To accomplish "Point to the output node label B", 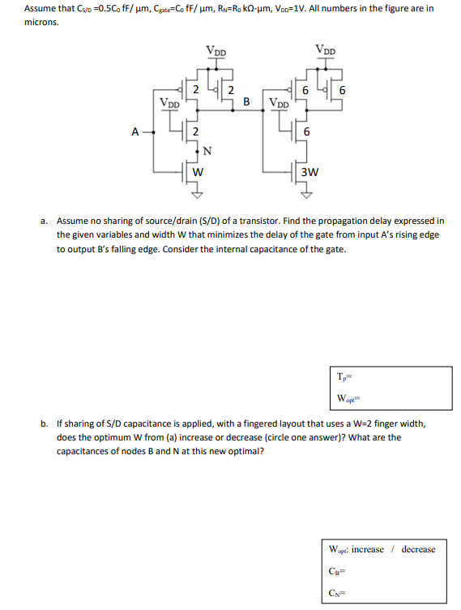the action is pyautogui.click(x=246, y=101).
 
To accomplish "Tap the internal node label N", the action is pyautogui.click(x=208, y=151).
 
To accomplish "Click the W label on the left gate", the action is pyautogui.click(x=197, y=171).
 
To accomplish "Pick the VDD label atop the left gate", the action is pyautogui.click(x=216, y=51).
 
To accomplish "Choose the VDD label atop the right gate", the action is pyautogui.click(x=325, y=50).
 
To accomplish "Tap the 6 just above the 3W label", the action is pyautogui.click(x=306, y=132).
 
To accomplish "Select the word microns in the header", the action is pyautogui.click(x=41, y=22).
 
